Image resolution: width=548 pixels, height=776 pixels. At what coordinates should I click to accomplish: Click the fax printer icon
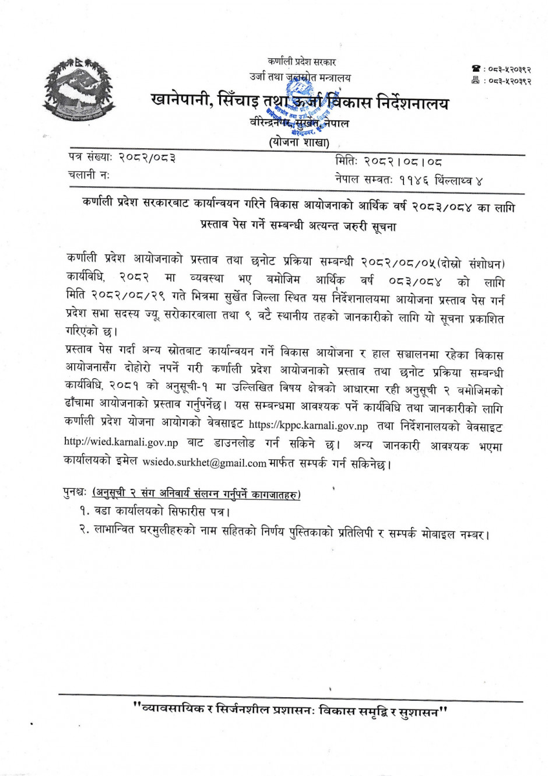[476, 81]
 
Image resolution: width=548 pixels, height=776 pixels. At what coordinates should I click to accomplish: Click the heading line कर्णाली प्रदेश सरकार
[301, 62]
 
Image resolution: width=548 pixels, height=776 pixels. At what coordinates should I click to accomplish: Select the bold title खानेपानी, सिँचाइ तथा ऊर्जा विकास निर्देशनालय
[300, 103]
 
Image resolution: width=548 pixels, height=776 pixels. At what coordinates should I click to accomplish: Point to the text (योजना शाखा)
[299, 142]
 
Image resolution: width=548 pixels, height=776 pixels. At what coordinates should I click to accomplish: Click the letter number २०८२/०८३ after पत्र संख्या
[147, 158]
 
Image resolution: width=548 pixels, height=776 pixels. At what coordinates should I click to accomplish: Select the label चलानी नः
[89, 174]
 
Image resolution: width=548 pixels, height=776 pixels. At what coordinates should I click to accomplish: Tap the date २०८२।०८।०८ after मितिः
[403, 162]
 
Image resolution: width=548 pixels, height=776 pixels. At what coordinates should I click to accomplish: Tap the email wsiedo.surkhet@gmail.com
[204, 463]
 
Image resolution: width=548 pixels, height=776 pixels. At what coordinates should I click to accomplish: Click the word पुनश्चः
[76, 494]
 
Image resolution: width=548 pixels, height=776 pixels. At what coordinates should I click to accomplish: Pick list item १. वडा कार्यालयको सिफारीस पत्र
[154, 512]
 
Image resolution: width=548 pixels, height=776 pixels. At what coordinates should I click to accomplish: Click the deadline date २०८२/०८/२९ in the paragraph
[128, 297]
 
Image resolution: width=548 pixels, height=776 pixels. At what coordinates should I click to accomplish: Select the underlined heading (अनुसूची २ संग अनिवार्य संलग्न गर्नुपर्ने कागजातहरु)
[197, 495]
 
